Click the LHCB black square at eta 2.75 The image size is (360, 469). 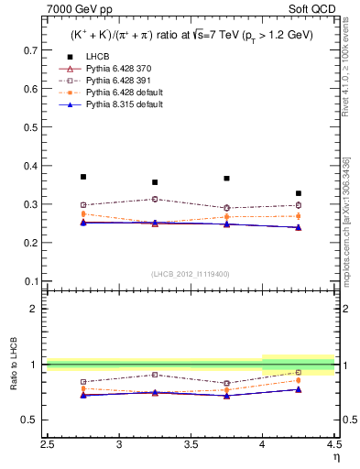(x=83, y=177)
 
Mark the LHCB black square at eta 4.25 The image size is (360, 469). (x=299, y=193)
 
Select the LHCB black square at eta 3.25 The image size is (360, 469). (x=155, y=182)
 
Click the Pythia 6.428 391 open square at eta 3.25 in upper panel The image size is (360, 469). (x=155, y=199)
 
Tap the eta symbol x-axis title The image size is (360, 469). (x=335, y=457)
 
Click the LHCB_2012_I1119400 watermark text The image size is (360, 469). (x=191, y=274)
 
